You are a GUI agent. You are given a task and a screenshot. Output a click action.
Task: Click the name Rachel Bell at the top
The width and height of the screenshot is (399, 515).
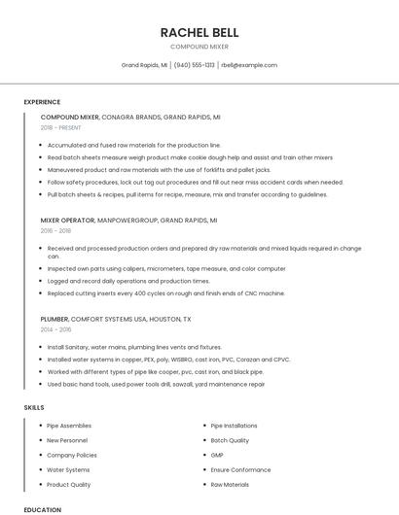click(199, 32)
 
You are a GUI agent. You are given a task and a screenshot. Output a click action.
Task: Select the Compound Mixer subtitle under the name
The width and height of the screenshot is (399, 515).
click(199, 47)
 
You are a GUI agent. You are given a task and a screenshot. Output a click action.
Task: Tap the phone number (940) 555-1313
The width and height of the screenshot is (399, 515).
click(195, 65)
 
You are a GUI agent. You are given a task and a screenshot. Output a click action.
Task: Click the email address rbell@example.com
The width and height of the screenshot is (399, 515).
click(249, 65)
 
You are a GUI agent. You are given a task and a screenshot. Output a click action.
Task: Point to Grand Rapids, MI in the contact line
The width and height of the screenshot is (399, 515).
click(144, 65)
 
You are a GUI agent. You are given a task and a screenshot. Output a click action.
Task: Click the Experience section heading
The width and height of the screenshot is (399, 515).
click(42, 102)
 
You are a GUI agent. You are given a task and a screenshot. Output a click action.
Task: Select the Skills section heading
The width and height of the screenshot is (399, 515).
click(34, 408)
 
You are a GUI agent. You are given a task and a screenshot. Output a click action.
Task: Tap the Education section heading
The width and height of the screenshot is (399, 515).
click(42, 509)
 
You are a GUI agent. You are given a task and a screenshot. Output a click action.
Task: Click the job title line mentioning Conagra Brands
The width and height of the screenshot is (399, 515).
click(130, 117)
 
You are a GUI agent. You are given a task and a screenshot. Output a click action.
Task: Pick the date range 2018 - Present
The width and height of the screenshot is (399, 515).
click(61, 127)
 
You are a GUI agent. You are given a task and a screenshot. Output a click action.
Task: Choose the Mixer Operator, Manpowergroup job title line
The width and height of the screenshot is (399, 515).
click(128, 221)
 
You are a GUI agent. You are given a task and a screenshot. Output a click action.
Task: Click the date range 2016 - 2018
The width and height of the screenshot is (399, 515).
click(55, 231)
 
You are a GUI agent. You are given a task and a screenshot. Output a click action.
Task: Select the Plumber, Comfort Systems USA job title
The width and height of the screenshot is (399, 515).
click(116, 319)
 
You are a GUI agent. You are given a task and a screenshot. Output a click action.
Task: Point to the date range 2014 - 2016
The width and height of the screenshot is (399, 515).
click(55, 329)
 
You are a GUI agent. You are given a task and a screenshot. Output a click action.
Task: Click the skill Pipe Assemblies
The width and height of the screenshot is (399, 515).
click(69, 426)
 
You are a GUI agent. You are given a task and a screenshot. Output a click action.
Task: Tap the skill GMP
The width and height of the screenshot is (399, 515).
click(217, 455)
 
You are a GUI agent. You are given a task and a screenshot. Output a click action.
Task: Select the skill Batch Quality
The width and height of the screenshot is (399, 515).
click(230, 440)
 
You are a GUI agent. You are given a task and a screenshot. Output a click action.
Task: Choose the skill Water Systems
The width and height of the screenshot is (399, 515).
click(68, 469)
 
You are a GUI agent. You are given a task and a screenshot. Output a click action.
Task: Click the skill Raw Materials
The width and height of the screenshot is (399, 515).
click(230, 484)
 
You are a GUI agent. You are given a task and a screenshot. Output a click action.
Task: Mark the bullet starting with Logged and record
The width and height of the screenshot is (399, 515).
click(128, 281)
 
